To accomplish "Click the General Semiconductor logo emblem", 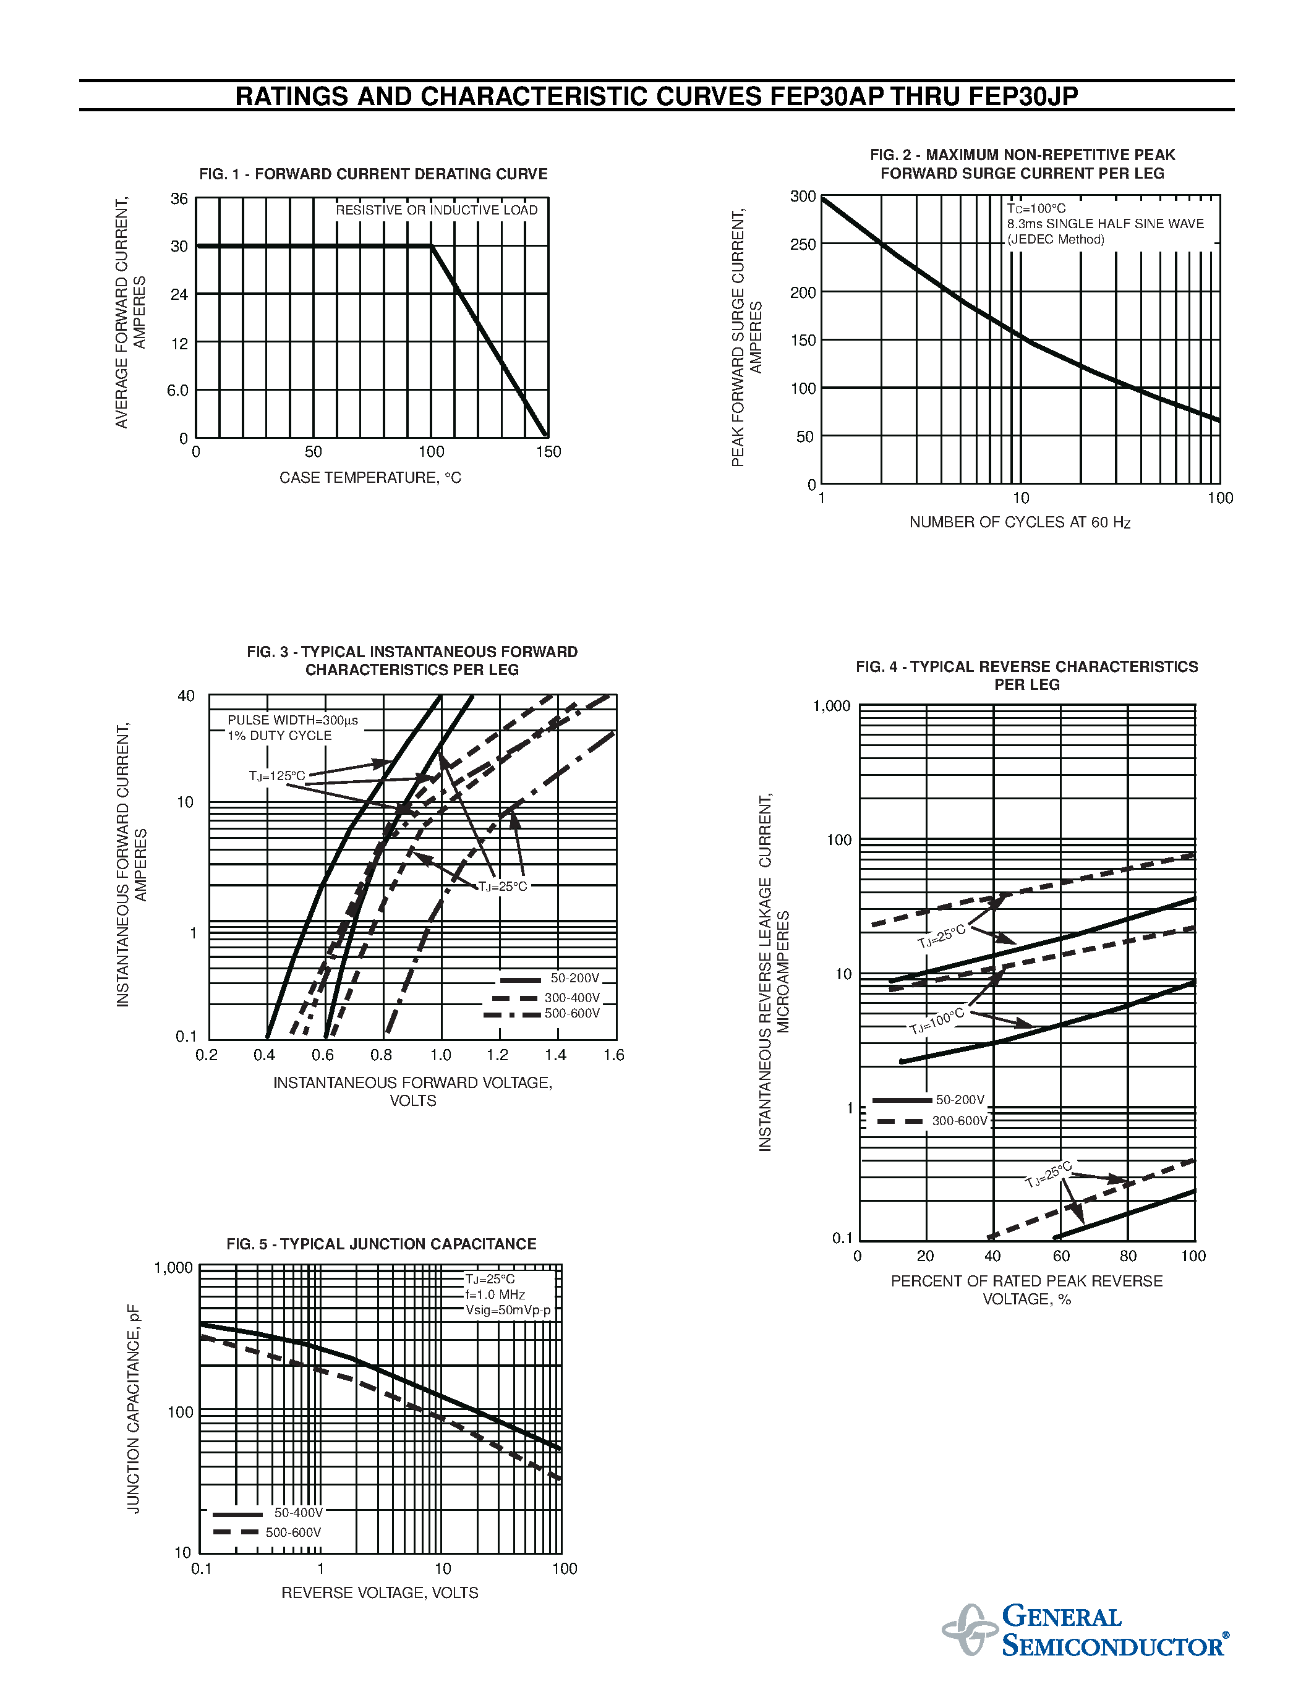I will coord(969,1629).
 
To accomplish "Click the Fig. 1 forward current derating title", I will coord(373,174).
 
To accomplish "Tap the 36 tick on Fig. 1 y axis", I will coord(179,199).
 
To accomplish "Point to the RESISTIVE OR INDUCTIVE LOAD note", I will coord(436,210).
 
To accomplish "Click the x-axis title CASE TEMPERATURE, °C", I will coord(370,478).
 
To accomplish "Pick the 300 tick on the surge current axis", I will coord(803,197).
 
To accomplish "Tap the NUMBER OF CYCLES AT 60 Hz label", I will coord(1019,522).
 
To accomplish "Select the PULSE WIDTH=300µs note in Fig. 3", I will coord(292,721).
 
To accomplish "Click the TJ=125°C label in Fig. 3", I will coord(276,776).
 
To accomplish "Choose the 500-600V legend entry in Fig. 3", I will coord(572,1013).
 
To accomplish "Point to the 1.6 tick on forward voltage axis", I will coord(613,1055).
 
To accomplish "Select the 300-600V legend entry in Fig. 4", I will coord(959,1121).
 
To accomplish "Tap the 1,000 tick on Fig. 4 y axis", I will coord(831,706).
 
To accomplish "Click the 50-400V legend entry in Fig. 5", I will coord(297,1513).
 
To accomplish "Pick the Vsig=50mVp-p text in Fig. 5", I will coord(508,1310).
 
